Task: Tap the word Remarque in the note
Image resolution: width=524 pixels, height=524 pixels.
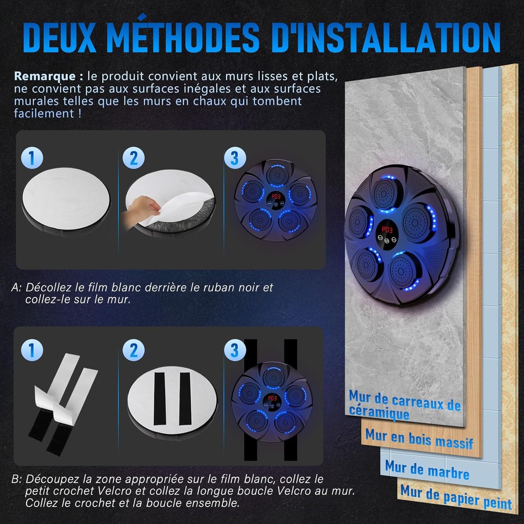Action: coord(45,77)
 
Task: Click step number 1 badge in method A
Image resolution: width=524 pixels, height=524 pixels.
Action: coord(32,158)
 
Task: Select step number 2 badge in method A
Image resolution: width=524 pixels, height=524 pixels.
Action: coord(133,158)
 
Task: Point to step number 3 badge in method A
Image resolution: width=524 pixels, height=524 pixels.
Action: coord(235,158)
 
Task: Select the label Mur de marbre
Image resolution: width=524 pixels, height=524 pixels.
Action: coord(427,470)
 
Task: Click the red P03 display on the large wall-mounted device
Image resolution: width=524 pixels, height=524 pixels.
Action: coord(387,230)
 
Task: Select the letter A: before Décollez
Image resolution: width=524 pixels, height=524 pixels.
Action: coord(16,288)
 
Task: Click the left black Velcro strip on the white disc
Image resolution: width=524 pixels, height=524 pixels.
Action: coord(159,399)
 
